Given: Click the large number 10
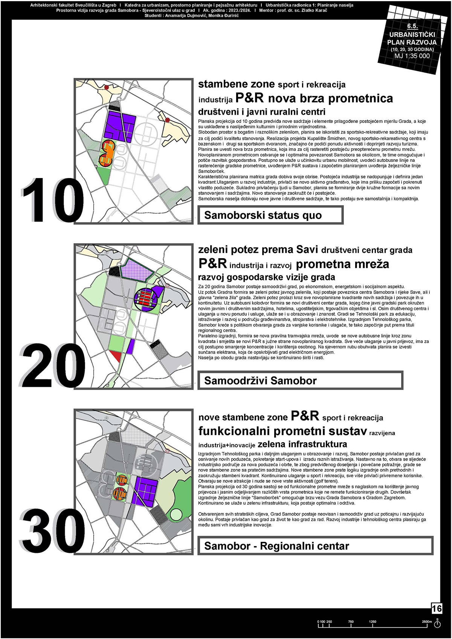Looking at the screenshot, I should (53, 200).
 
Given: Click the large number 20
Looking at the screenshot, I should (53, 366).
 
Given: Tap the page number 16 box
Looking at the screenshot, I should (437, 608).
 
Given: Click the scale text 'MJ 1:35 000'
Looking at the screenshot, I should (412, 56).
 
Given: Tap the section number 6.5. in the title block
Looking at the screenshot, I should (412, 26).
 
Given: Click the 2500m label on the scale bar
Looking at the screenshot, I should (426, 622).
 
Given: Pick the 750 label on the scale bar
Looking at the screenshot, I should (351, 622).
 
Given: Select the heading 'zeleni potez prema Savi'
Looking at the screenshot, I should (258, 250).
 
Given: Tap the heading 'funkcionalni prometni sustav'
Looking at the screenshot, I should (282, 431).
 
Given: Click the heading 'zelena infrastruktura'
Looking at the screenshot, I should (302, 444).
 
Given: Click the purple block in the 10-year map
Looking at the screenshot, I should (121, 125).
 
